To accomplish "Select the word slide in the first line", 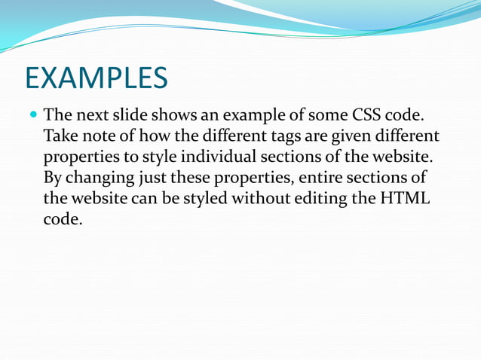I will [x=127, y=117].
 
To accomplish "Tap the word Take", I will [x=59, y=139].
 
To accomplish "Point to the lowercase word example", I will [x=253, y=118].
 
